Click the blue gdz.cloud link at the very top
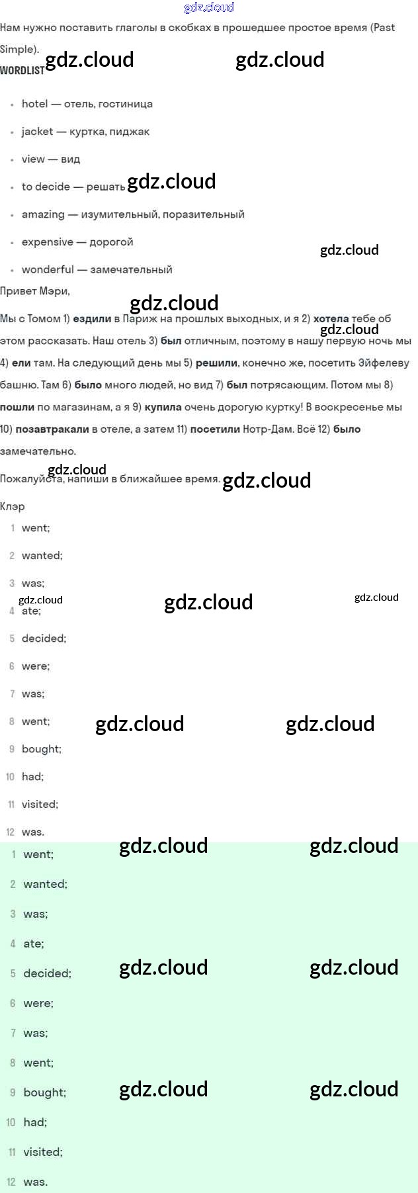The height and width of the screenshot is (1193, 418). click(209, 7)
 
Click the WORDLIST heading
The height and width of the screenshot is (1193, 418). click(22, 70)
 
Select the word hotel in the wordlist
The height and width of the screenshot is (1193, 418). click(35, 104)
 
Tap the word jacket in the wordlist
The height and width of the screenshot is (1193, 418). click(37, 131)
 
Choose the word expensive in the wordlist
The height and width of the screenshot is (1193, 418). click(48, 242)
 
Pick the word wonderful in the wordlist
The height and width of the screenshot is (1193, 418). click(48, 269)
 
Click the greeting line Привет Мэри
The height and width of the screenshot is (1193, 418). click(34, 291)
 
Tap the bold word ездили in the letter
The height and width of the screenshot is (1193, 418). click(92, 319)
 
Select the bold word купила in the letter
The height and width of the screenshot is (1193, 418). click(163, 407)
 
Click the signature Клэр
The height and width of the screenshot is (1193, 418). click(13, 507)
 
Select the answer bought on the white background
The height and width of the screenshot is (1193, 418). click(41, 749)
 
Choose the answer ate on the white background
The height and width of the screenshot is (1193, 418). click(30, 611)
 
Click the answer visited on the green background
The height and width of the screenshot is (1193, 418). click(42, 1152)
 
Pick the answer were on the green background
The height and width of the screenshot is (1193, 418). click(38, 1003)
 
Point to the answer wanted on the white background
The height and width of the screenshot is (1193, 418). click(42, 556)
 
